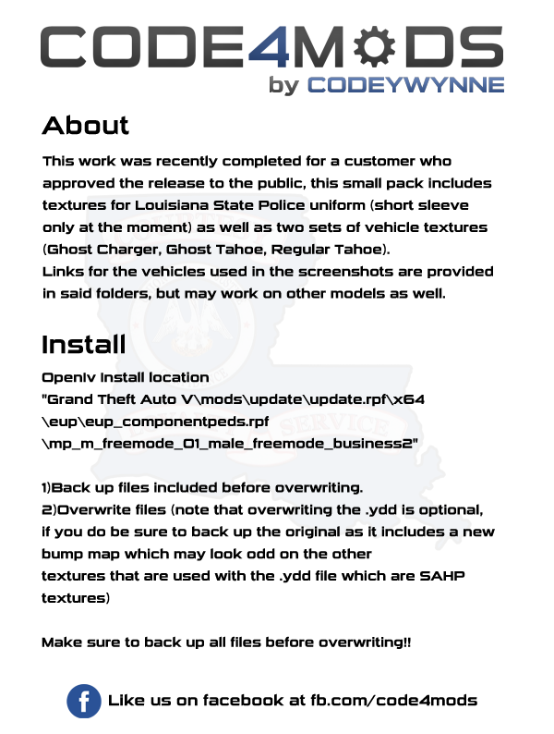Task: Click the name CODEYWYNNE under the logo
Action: tap(405, 85)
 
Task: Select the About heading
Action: tap(86, 126)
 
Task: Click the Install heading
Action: tap(83, 345)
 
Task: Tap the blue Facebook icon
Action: tap(84, 701)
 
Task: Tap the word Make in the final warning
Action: tap(61, 642)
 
